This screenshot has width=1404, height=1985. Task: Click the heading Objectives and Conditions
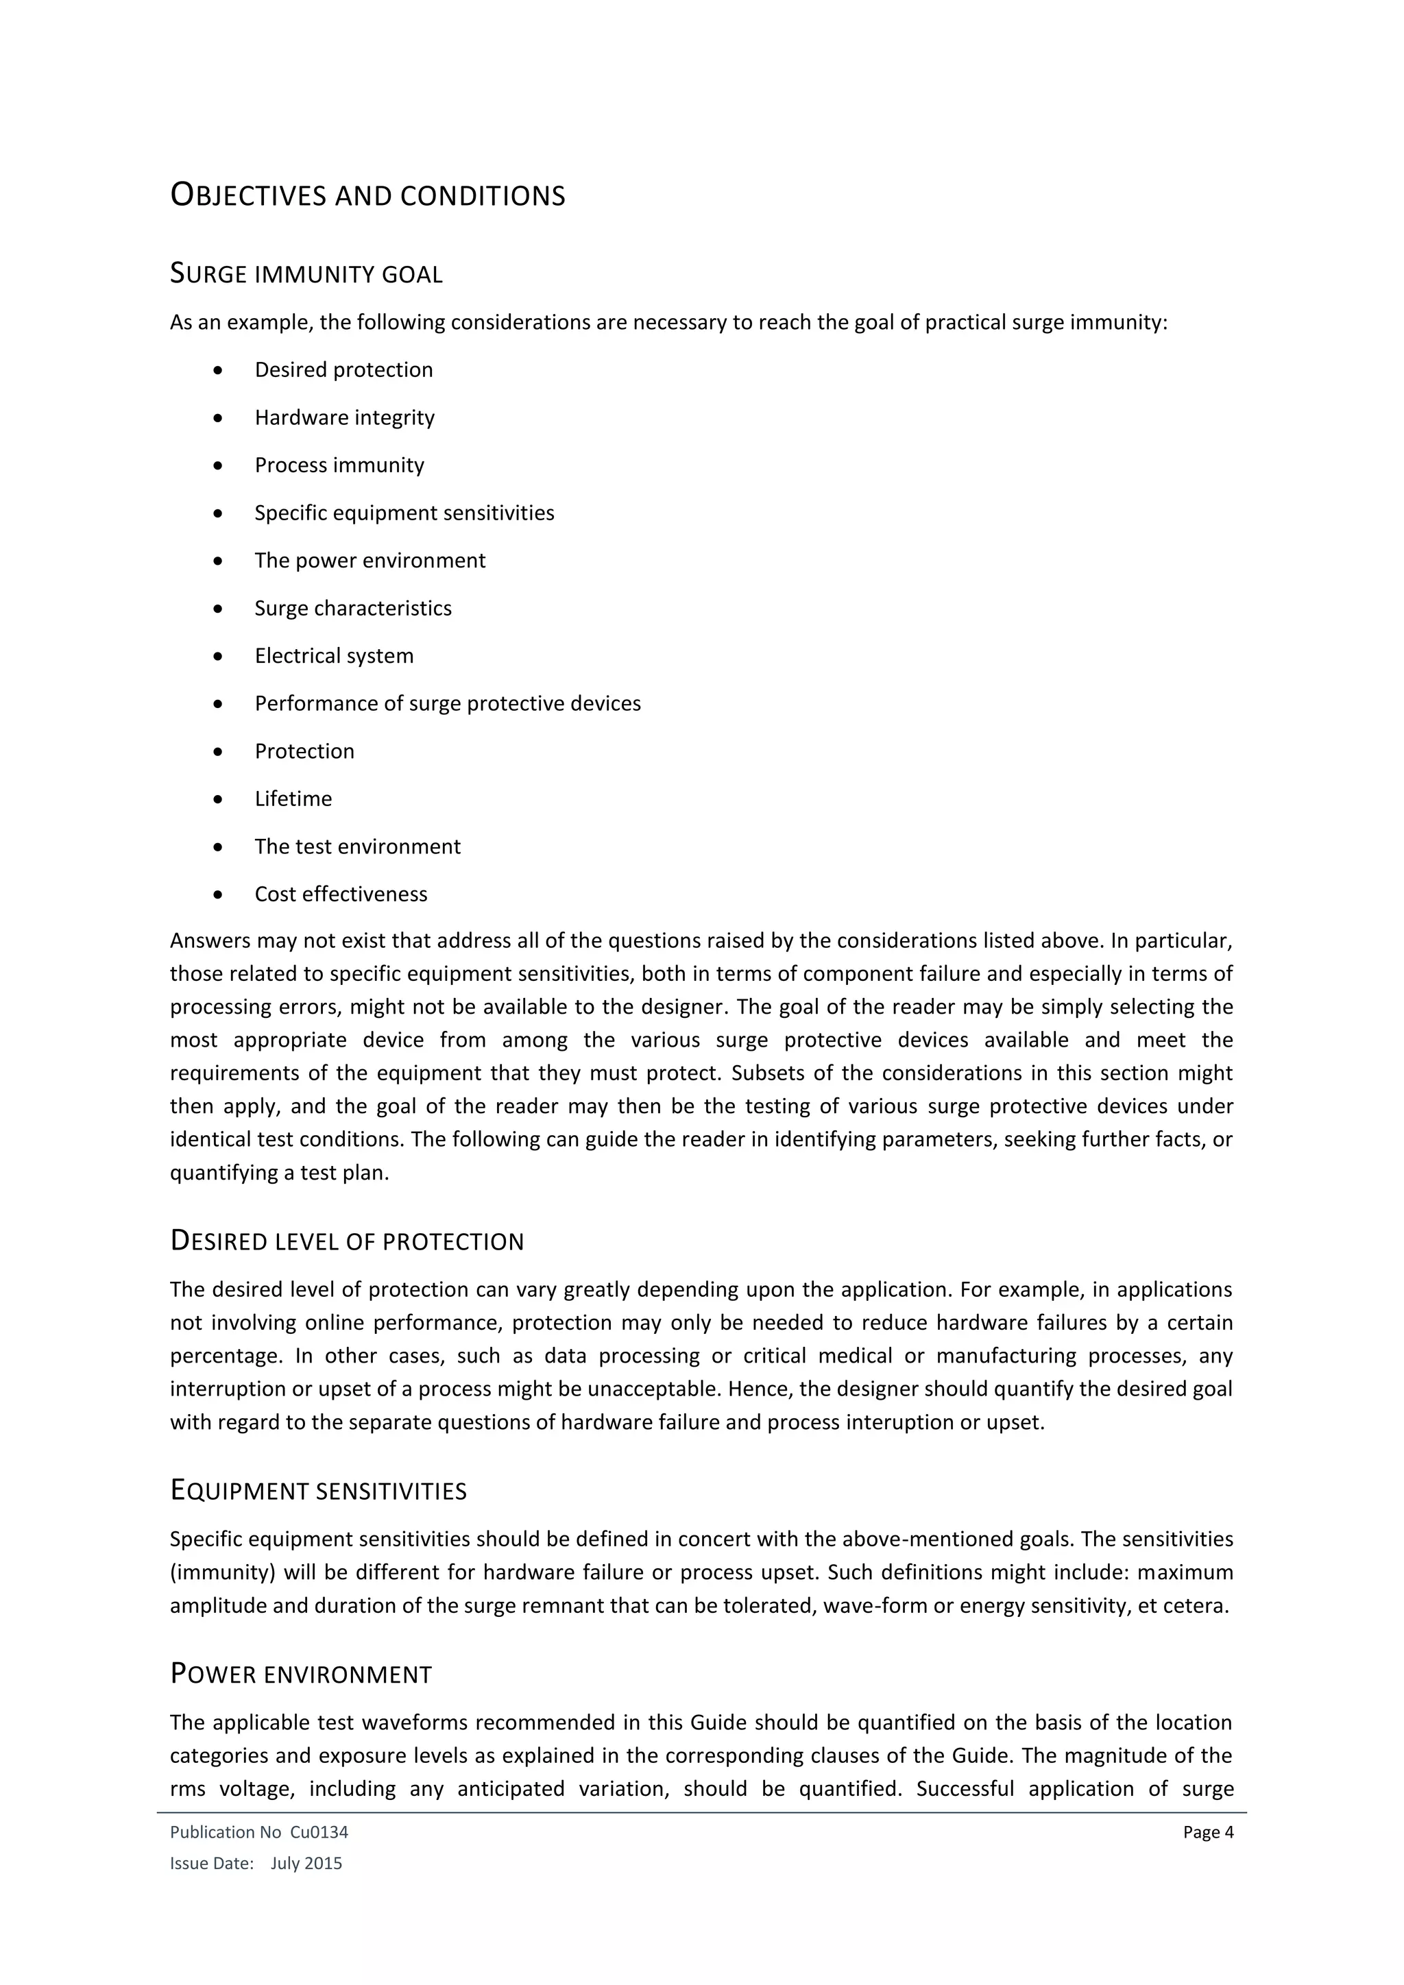click(x=367, y=195)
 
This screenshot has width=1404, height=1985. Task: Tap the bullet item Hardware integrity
click(x=344, y=417)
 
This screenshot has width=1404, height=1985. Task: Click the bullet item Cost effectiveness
click(x=341, y=894)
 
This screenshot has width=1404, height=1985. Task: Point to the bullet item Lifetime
click(x=293, y=799)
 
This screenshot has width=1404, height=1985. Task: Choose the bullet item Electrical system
click(x=334, y=656)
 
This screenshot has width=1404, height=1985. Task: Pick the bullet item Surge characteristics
click(x=353, y=609)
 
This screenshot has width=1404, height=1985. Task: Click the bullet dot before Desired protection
click(x=218, y=371)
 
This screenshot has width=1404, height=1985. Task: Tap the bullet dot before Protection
click(x=218, y=752)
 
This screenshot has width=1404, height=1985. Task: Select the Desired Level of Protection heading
click(x=347, y=1241)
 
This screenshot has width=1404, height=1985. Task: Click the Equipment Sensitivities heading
click(x=318, y=1491)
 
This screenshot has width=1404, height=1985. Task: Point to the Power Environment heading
click(x=301, y=1675)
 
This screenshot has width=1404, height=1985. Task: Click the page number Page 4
click(x=1208, y=1832)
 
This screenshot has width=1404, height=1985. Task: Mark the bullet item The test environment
click(x=357, y=847)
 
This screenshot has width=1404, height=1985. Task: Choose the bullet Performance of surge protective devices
click(x=447, y=704)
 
